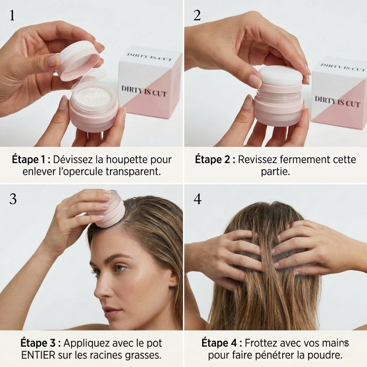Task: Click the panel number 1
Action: [12, 15]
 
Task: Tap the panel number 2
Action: [197, 15]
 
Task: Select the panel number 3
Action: [13, 199]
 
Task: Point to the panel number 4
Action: [197, 199]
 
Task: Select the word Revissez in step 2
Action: [259, 160]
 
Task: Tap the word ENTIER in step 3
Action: [38, 355]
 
